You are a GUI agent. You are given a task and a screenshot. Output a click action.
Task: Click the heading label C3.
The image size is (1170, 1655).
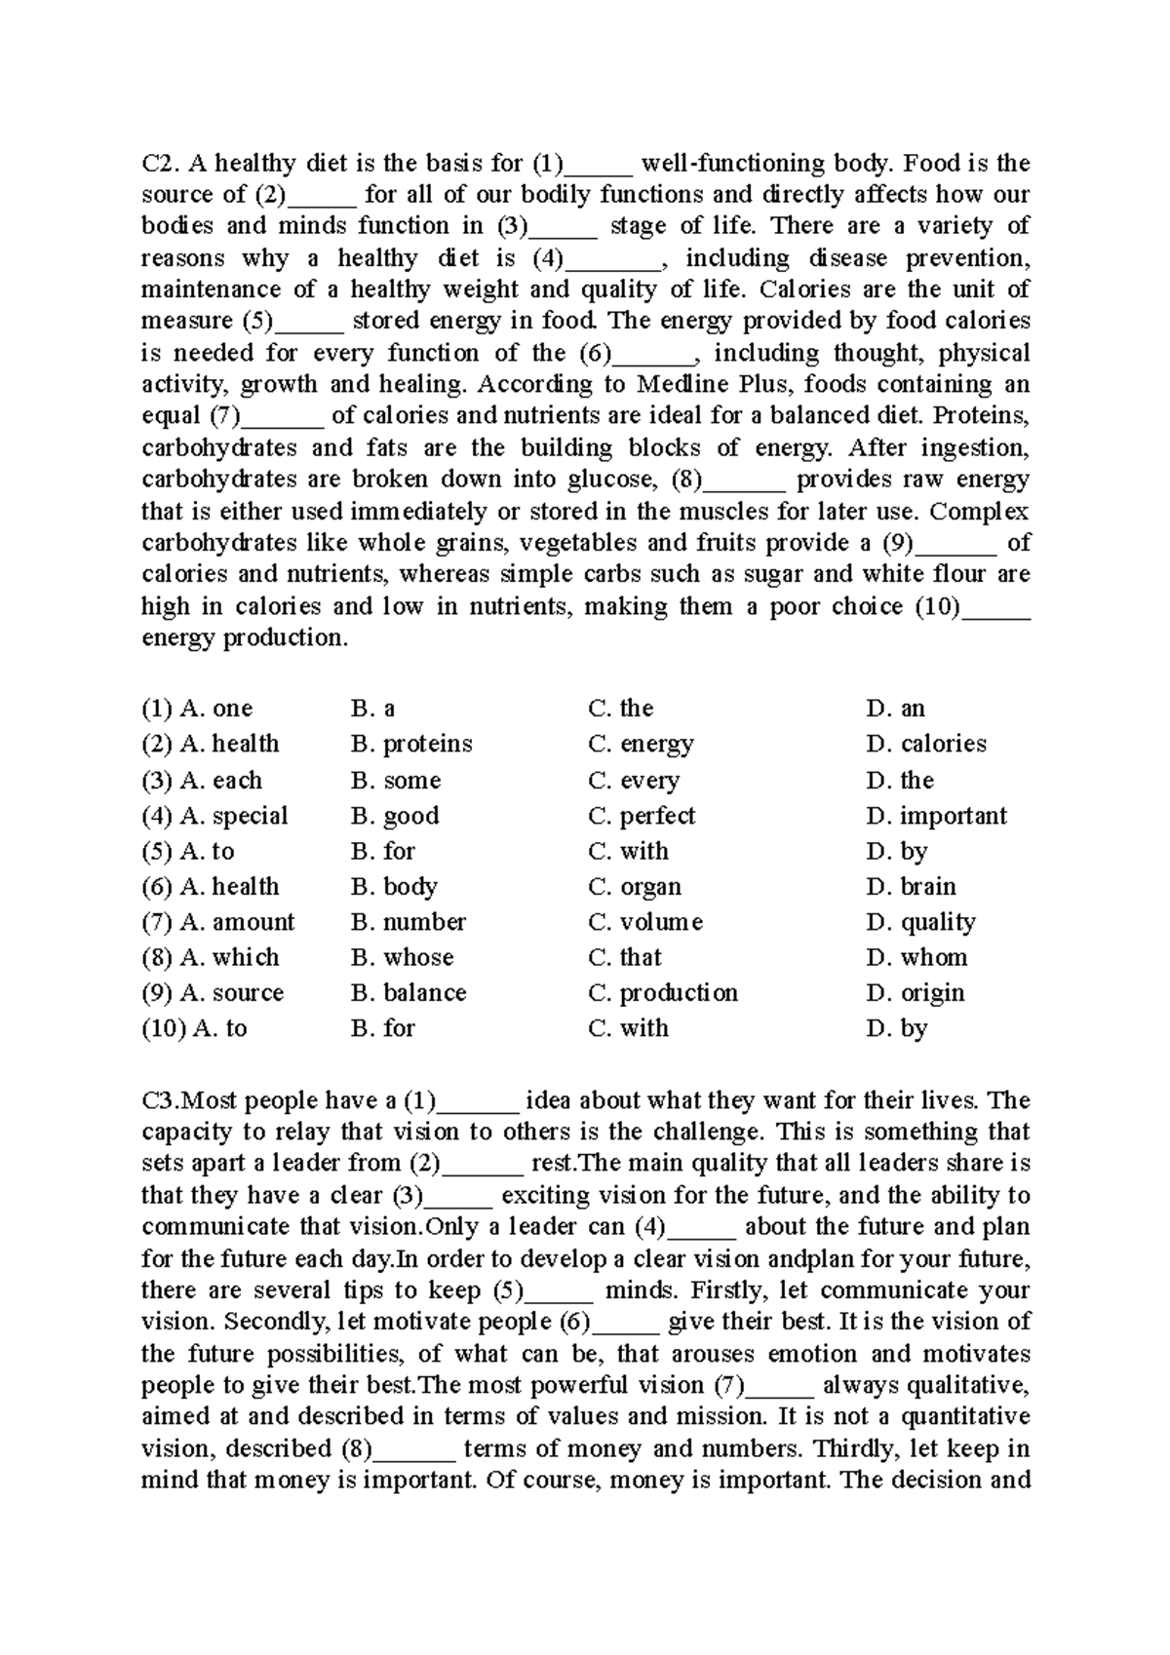coord(160,1100)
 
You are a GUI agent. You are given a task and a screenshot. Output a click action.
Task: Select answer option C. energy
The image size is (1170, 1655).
coord(641,745)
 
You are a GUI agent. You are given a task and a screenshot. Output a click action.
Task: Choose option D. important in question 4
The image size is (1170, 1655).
coord(936,816)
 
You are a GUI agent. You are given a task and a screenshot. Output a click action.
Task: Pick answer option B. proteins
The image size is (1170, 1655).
coord(410,745)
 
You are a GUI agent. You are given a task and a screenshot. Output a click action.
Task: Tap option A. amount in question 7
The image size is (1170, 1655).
coord(236,922)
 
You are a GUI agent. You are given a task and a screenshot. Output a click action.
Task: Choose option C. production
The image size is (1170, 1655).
coord(663,993)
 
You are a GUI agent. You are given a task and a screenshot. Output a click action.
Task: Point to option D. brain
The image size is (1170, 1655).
coord(911,887)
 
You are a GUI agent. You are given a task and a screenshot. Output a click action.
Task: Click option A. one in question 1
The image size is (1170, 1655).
coord(215,709)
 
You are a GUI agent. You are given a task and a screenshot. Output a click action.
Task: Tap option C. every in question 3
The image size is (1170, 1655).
coord(634,781)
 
